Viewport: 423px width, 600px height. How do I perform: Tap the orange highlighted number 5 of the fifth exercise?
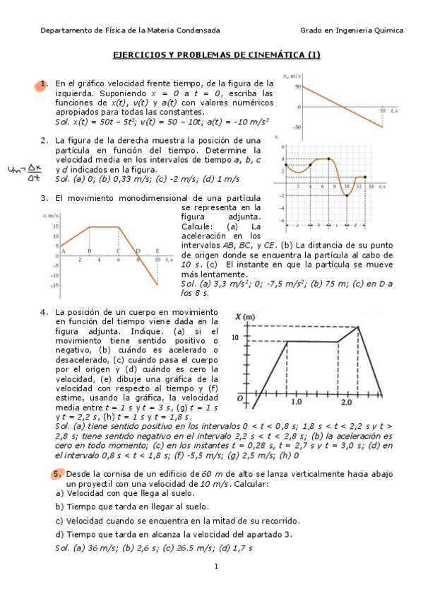[56, 473]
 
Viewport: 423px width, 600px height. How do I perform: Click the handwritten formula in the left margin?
[20, 172]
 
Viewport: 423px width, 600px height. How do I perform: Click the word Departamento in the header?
[67, 30]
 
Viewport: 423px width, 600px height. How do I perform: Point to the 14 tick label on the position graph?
[371, 186]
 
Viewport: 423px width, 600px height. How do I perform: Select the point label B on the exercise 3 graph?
[89, 250]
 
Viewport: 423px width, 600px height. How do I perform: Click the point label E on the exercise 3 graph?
[157, 250]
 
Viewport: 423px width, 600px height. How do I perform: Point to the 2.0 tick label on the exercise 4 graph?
[347, 403]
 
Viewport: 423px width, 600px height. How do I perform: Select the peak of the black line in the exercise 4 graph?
[359, 327]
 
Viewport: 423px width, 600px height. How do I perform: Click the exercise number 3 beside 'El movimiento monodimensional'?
[44, 198]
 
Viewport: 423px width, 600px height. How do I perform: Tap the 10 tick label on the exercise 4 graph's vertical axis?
[236, 337]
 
